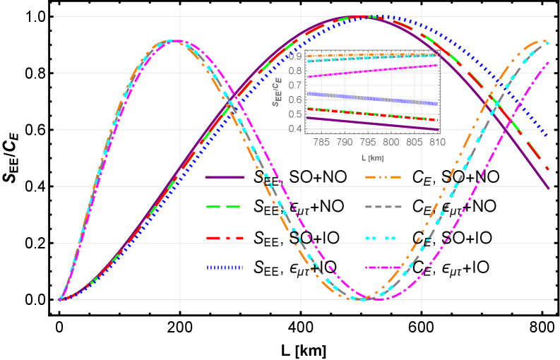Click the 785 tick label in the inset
(321, 142)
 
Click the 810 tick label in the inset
(436, 142)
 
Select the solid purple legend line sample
(225, 176)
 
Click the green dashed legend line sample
(225, 207)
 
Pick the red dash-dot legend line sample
(225, 237)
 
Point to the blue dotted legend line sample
(225, 268)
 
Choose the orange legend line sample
(383, 176)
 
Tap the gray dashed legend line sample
(383, 207)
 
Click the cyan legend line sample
(383, 237)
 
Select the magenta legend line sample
(383, 268)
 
